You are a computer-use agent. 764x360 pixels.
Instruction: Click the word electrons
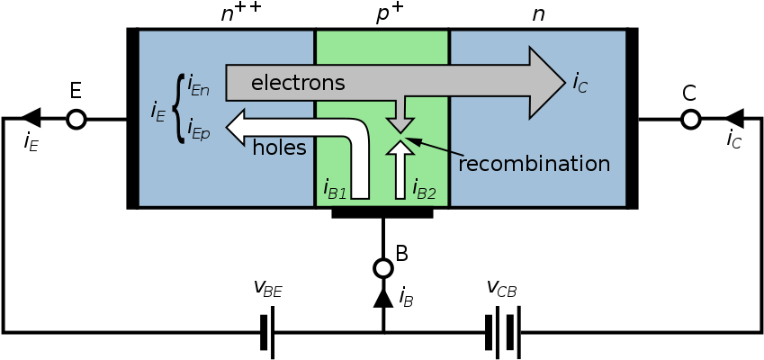(x=298, y=84)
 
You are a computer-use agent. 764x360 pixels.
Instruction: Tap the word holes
(x=279, y=148)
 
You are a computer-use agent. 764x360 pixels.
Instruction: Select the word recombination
(x=534, y=165)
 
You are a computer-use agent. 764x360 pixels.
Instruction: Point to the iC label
(x=580, y=84)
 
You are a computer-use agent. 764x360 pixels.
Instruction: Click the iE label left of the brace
(x=157, y=112)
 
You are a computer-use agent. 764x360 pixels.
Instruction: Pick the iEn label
(x=198, y=88)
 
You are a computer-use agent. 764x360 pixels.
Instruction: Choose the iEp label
(x=198, y=133)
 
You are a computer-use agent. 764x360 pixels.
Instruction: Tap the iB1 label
(x=335, y=189)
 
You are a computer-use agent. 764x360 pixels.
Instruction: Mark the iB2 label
(x=424, y=189)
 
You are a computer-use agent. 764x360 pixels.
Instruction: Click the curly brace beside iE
(x=177, y=110)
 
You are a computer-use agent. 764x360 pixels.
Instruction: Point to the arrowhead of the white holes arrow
(x=237, y=127)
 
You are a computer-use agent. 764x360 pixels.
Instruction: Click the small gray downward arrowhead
(x=400, y=124)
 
